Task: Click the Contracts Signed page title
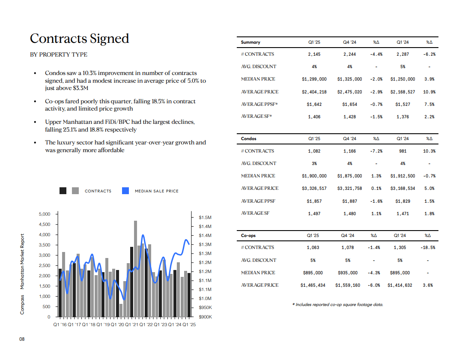coord(79,39)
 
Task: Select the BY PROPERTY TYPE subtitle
coord(59,55)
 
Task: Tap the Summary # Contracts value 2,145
coord(314,54)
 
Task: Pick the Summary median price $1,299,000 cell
coord(314,79)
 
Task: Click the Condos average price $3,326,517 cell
coord(314,189)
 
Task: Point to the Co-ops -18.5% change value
coord(428,248)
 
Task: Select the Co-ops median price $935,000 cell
coord(347,273)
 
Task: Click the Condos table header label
coord(249,138)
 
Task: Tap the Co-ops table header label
coord(248,235)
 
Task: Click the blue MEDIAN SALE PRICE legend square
coord(125,191)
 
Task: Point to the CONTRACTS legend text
coord(98,191)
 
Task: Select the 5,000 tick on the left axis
coord(45,214)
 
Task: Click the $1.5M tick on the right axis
coord(205,217)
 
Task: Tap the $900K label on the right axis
coord(206,317)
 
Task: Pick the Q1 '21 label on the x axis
coord(131,325)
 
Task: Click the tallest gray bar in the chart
coord(135,269)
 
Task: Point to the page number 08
coord(22,339)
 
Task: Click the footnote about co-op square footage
coord(337,305)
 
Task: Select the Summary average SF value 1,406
coord(314,117)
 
